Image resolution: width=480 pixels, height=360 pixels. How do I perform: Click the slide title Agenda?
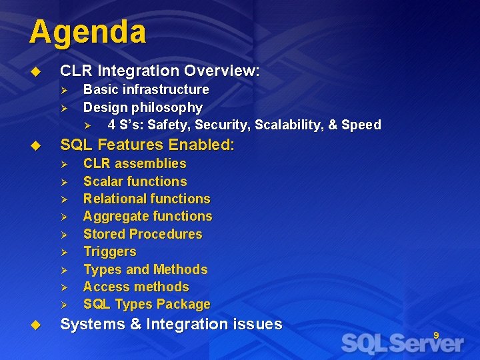point(87,32)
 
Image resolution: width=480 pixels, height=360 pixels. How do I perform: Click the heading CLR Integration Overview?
point(159,71)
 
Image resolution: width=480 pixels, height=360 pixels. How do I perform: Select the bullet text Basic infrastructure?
point(145,89)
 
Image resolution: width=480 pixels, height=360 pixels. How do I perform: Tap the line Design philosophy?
point(142,107)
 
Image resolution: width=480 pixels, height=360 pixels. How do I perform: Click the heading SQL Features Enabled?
point(147,145)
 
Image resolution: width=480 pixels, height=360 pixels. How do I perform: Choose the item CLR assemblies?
point(134,163)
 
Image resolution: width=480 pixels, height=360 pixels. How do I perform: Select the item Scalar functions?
point(135,181)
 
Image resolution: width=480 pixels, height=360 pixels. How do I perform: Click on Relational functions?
point(146,199)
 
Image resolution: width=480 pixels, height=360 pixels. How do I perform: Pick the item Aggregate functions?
point(147,216)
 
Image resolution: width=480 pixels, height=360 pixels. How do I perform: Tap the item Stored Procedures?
point(142,234)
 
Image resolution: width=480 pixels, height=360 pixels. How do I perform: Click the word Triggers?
point(109,251)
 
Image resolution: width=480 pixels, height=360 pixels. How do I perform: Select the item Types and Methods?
point(145,269)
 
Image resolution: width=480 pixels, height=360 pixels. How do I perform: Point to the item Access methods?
point(135,287)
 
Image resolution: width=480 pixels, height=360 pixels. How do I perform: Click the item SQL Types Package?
point(146,305)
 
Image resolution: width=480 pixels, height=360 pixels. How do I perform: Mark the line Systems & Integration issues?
point(171,325)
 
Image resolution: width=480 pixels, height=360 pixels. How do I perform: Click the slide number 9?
point(436,335)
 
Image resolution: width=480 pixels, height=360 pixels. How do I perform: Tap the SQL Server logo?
point(402,343)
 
